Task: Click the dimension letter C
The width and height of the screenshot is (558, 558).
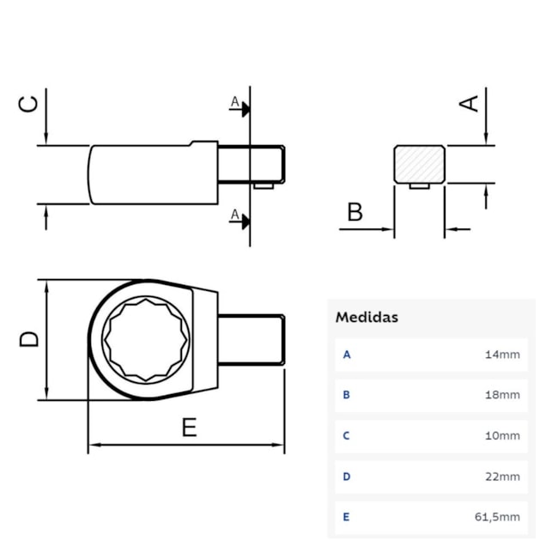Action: (29, 104)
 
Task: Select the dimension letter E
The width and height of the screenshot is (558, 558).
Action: (189, 427)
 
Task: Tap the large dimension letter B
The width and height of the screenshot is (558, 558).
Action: (355, 211)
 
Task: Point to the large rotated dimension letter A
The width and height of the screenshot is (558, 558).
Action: (469, 102)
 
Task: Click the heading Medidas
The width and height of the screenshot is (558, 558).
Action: (367, 317)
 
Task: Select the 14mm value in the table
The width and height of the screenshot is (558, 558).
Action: (503, 354)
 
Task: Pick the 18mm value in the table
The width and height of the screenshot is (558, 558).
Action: (503, 395)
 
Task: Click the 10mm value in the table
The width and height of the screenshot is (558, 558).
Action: (503, 435)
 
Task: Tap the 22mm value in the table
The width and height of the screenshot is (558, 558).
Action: (503, 476)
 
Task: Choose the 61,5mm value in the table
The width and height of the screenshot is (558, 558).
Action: (499, 517)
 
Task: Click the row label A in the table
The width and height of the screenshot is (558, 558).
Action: (347, 354)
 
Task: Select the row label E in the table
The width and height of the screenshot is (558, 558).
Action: (347, 517)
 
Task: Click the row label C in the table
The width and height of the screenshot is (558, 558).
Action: (347, 435)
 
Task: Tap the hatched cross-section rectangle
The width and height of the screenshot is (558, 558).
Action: (419, 163)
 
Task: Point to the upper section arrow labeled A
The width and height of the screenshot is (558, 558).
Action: (240, 106)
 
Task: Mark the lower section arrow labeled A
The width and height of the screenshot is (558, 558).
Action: (240, 218)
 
